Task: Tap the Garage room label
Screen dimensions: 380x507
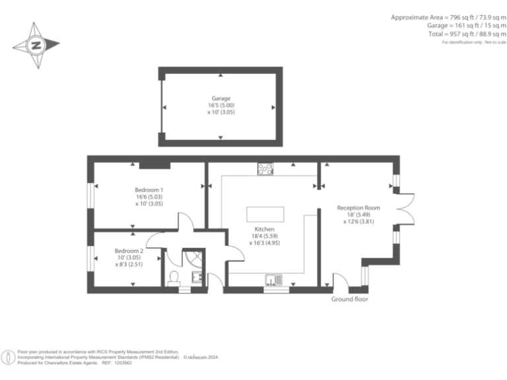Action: point(220,98)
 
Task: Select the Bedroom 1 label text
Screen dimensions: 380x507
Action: point(149,190)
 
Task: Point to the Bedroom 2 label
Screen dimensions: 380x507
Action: point(129,251)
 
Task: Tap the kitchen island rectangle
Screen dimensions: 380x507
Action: point(265,214)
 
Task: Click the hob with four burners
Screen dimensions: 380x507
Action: point(266,169)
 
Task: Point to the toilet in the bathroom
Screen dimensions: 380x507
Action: point(175,277)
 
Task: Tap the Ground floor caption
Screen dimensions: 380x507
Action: point(349,299)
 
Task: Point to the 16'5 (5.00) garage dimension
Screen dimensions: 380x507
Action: point(220,105)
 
